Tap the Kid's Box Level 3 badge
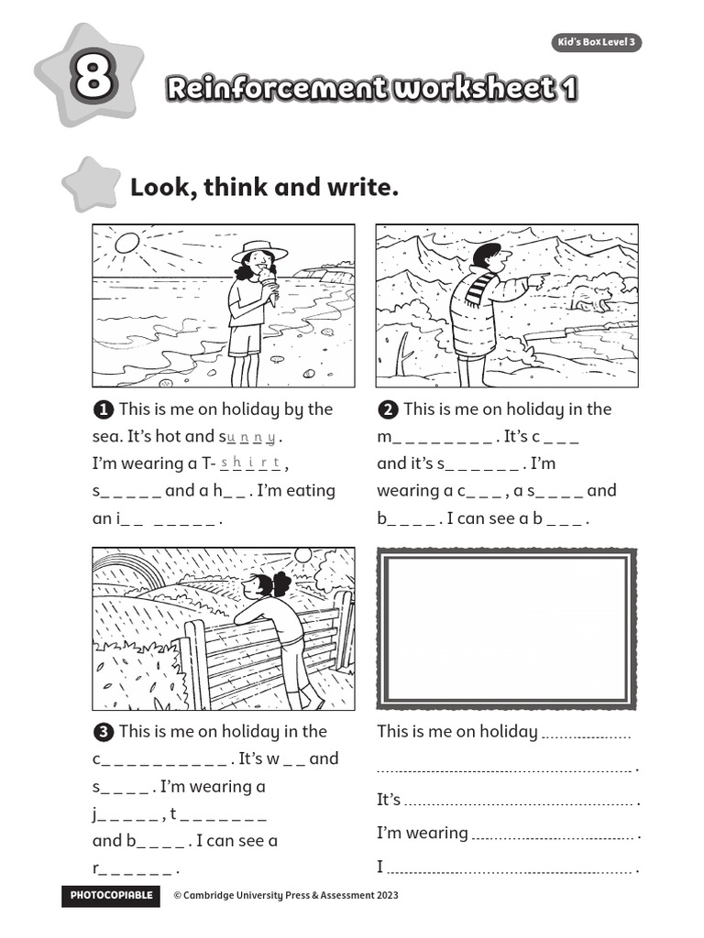[596, 43]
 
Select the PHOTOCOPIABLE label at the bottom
[111, 895]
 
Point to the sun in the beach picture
[126, 243]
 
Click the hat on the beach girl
[259, 250]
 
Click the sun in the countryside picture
[302, 555]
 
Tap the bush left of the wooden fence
[135, 673]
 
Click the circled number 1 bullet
[104, 409]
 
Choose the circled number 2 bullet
[388, 409]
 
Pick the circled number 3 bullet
[104, 732]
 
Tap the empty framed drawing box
[506, 627]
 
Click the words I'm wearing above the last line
[423, 833]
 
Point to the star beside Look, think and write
[91, 183]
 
